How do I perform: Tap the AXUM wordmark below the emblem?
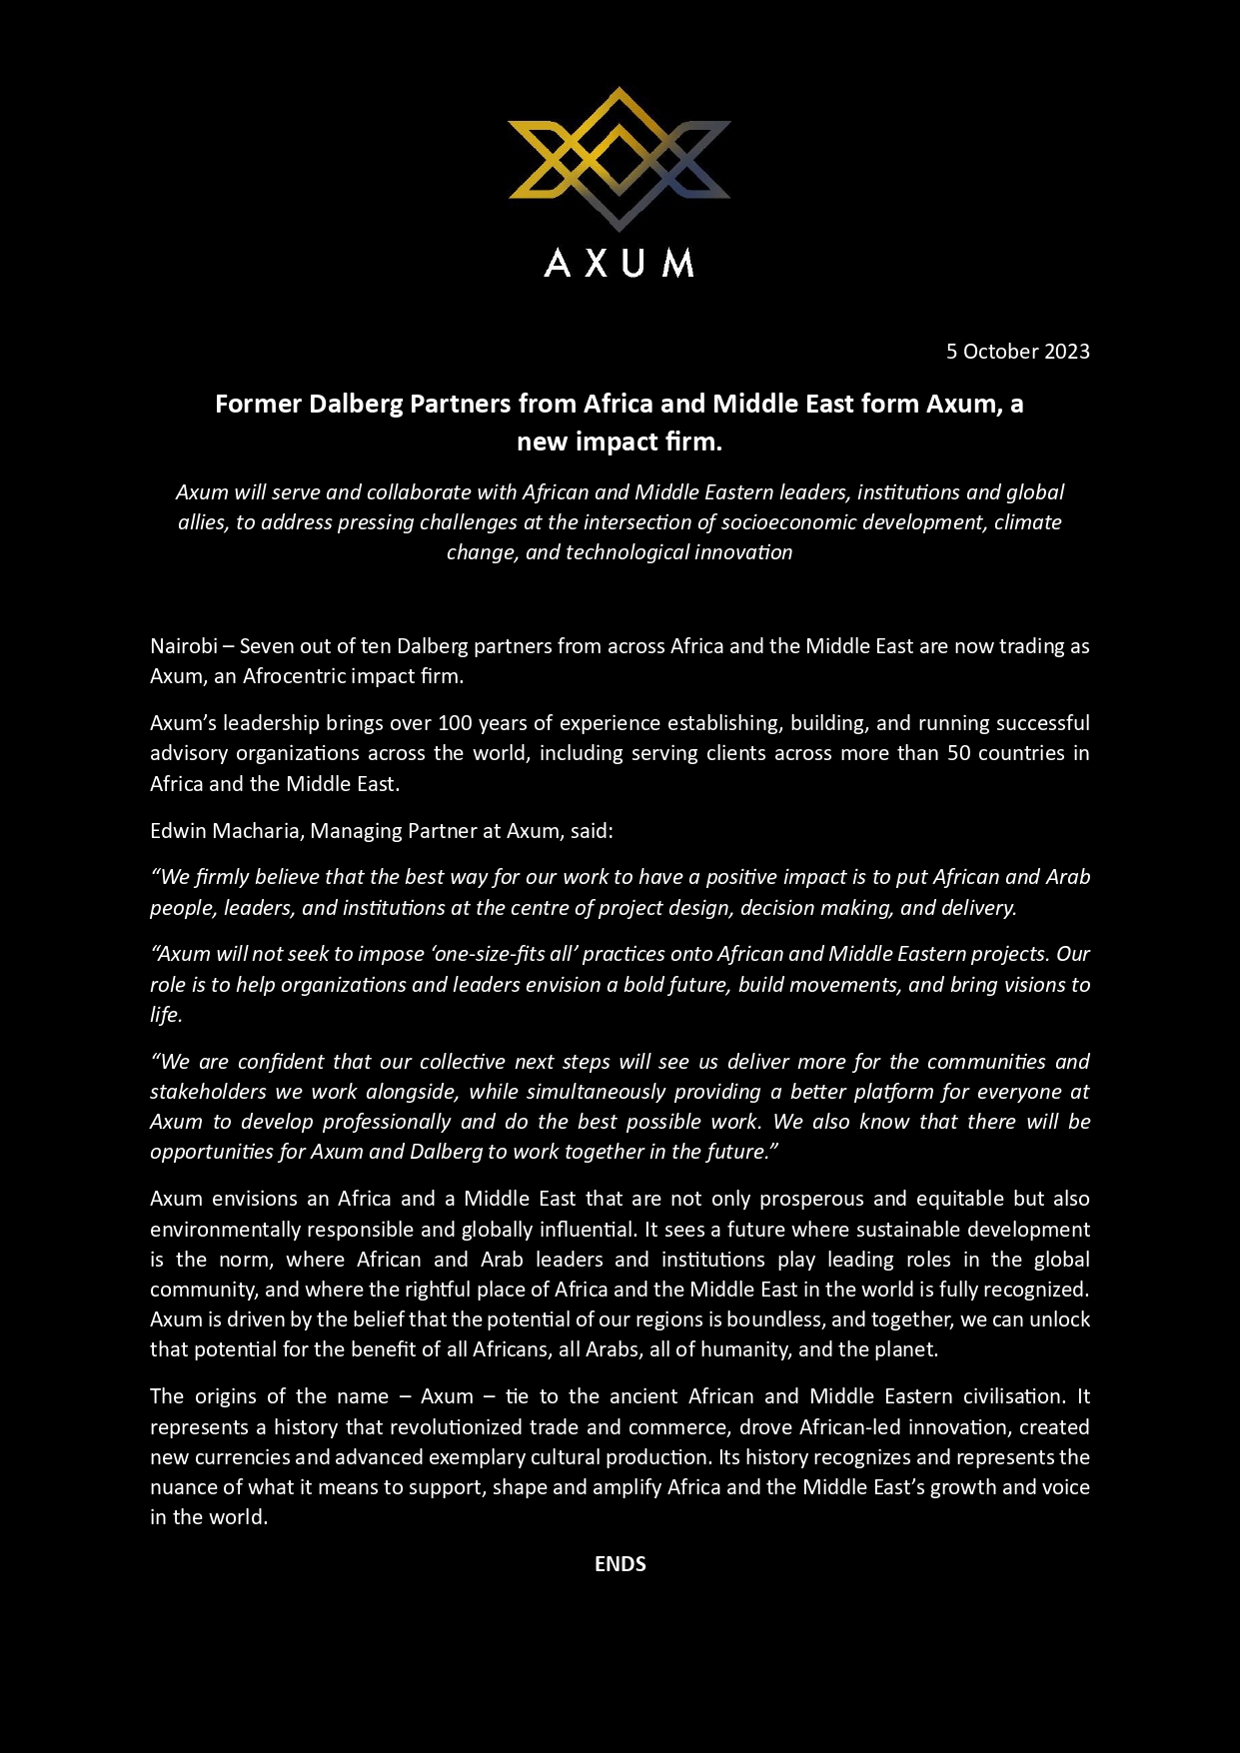coord(620,263)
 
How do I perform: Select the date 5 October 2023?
coord(1017,352)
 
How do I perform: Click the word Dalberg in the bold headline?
coord(355,404)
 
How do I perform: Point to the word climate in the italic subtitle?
coord(1027,522)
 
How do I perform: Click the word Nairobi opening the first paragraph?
coord(184,646)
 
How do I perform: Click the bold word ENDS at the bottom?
coord(620,1564)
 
